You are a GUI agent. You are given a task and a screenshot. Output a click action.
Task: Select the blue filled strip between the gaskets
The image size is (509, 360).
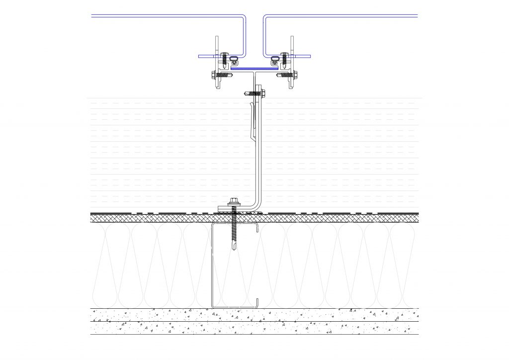(x=254, y=68)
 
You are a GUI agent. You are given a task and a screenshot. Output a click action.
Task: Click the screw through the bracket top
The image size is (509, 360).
(x=256, y=92)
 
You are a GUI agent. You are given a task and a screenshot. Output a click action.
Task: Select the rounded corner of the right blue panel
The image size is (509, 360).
(x=266, y=19)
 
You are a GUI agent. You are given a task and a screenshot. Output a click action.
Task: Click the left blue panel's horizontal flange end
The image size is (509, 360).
(x=200, y=56)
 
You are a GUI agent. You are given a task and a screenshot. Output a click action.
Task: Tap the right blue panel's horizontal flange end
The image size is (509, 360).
(x=309, y=56)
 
